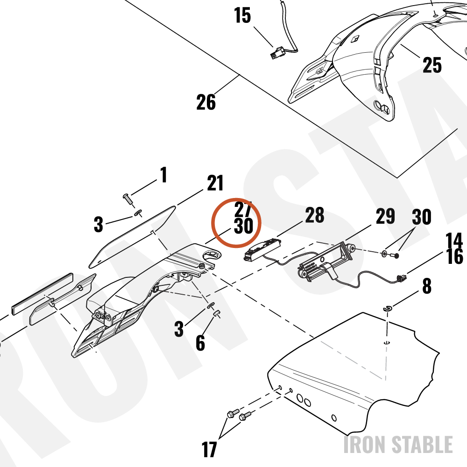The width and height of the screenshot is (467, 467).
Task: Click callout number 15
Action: (242, 15)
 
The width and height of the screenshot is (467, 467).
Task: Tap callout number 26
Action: (206, 102)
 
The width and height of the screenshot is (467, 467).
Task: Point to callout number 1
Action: (163, 175)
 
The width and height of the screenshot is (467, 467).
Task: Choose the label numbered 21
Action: (215, 183)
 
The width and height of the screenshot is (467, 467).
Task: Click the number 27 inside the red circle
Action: (243, 209)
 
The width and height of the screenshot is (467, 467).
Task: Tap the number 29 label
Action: (385, 216)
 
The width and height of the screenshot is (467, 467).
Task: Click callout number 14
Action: (454, 241)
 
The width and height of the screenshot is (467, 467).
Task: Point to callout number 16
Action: (455, 256)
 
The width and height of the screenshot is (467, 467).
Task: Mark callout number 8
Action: (427, 286)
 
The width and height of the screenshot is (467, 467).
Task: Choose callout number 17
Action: (209, 449)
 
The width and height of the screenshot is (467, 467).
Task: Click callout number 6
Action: (200, 342)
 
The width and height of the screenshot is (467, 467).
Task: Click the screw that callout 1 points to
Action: (128, 198)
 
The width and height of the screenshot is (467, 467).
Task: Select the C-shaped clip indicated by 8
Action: (388, 309)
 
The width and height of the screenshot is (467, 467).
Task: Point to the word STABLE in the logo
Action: (422, 445)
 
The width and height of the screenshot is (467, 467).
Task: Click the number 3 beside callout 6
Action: (179, 329)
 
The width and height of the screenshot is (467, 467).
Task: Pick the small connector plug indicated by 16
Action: (401, 279)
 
